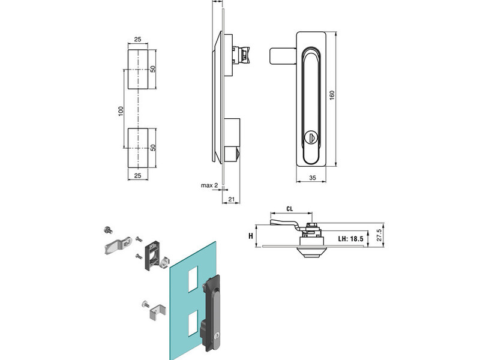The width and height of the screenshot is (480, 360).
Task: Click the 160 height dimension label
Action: click(332, 95)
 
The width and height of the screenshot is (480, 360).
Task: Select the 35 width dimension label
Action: click(312, 178)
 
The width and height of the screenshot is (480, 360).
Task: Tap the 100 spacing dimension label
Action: click(121, 110)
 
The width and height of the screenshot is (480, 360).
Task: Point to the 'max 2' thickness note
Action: click(209, 185)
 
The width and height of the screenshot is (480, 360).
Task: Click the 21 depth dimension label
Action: click(232, 199)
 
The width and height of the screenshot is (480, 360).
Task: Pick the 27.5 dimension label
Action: click(379, 235)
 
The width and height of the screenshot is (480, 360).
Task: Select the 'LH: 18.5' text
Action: click(350, 238)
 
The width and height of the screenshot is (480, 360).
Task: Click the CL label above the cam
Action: click(290, 209)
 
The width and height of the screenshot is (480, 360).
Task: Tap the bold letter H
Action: click(251, 236)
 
